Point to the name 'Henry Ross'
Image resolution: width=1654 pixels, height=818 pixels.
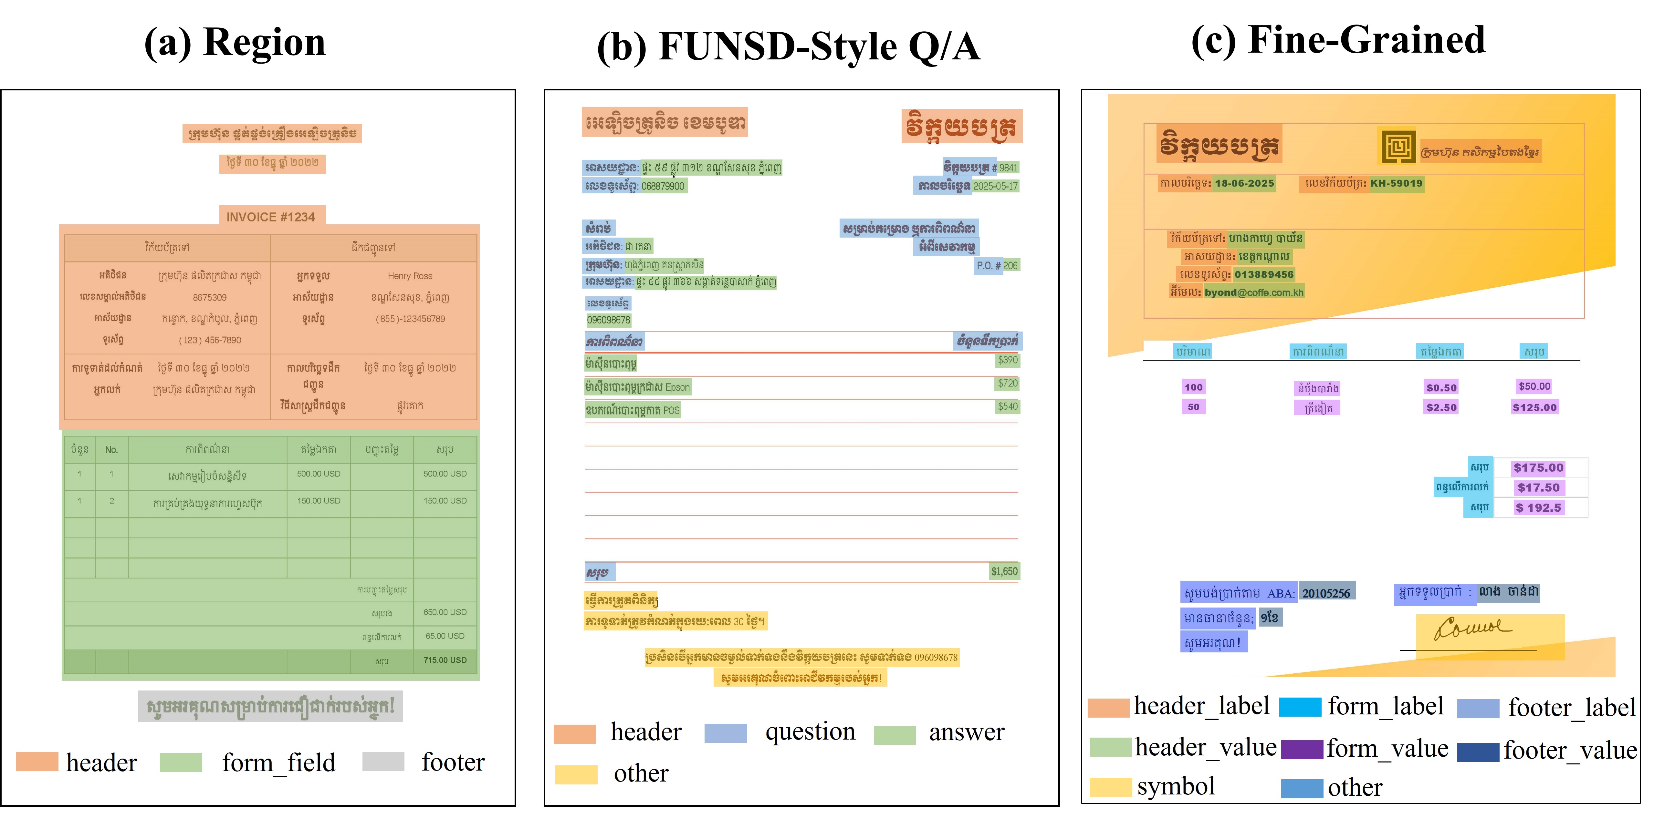click(x=410, y=276)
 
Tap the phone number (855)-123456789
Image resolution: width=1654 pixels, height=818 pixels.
click(x=410, y=319)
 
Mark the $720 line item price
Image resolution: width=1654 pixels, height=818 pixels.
click(x=1007, y=383)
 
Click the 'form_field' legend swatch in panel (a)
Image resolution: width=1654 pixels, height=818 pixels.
click(x=181, y=762)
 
